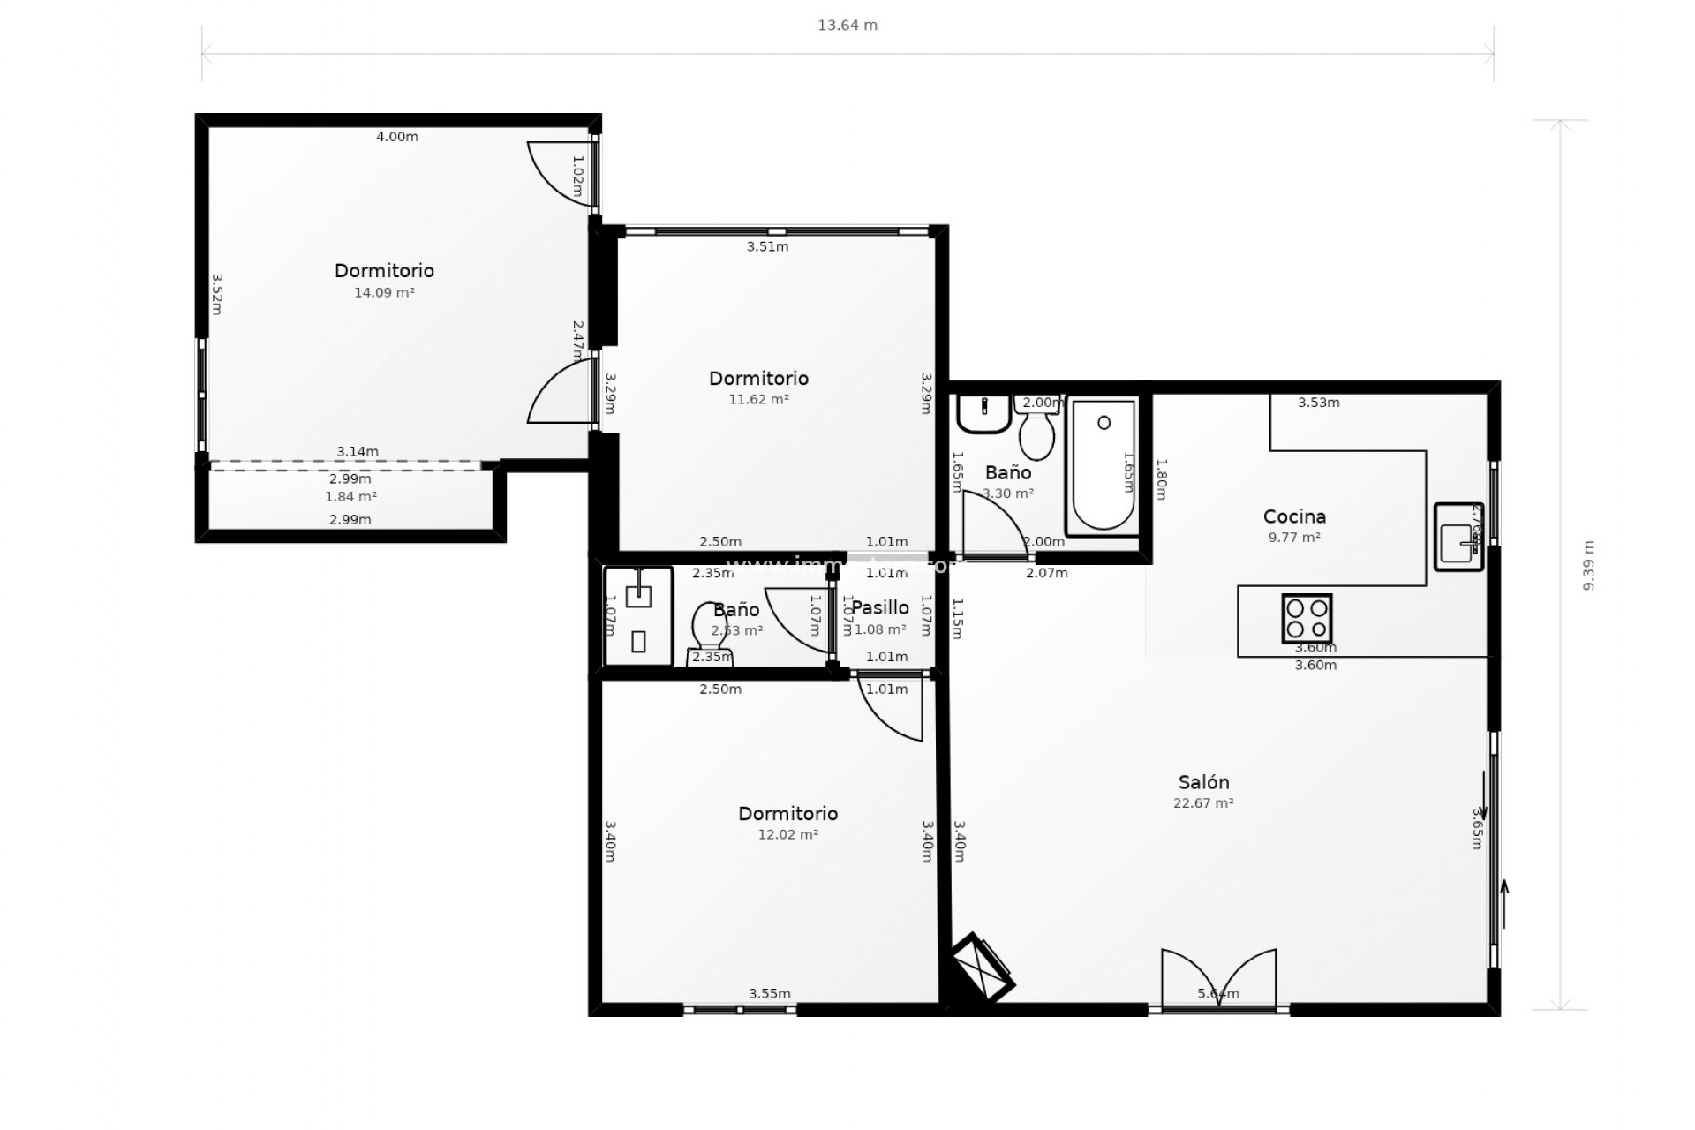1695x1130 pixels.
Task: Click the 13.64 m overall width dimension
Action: pos(847,26)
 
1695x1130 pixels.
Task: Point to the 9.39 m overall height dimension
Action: pos(1588,565)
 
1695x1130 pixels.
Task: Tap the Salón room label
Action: pos(1203,782)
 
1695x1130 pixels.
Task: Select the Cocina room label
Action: pos(1294,516)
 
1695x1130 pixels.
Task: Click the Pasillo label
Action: pos(880,607)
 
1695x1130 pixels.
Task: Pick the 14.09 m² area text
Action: pos(384,292)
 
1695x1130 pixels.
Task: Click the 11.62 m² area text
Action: pos(758,399)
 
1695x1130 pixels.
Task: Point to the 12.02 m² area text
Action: pos(787,834)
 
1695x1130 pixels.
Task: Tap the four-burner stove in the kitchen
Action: pos(1307,618)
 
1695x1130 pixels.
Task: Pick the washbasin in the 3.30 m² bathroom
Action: pos(983,412)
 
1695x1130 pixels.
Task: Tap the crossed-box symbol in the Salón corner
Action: pos(983,968)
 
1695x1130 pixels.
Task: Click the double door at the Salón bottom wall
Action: pos(1218,979)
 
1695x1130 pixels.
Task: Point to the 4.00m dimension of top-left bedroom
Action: pos(397,137)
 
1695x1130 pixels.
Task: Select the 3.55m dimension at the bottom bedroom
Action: pos(769,993)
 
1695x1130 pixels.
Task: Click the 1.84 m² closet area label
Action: pos(350,497)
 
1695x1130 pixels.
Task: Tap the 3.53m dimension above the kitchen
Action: pos(1318,403)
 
